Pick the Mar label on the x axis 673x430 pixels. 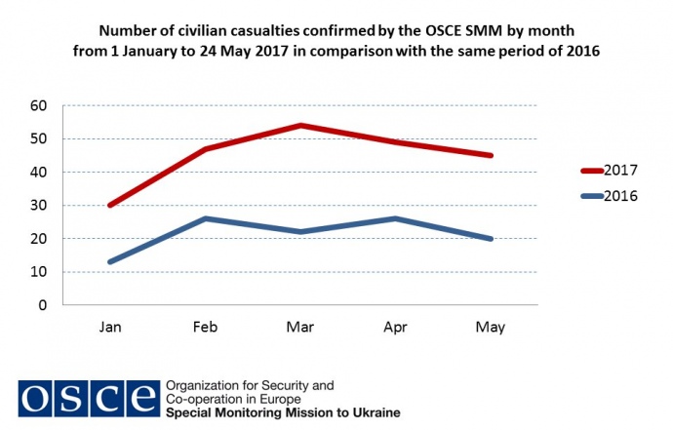300,328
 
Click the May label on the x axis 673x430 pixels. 492,328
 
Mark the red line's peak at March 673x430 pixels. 300,125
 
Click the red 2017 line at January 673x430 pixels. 109,205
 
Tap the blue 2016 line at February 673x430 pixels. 205,218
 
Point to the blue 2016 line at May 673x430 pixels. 492,238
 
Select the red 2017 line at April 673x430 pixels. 396,141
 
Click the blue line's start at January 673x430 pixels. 109,261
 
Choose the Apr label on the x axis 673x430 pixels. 396,328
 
